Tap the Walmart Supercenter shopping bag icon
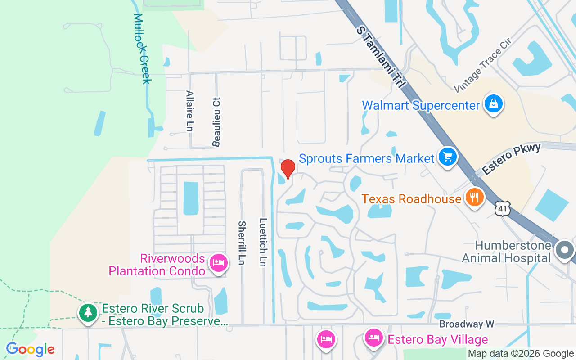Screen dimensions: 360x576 pos(494,104)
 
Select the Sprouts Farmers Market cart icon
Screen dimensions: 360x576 pos(447,157)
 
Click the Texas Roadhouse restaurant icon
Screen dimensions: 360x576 pos(473,197)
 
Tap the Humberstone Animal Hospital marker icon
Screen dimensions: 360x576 pos(565,250)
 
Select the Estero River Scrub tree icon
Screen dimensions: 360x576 pos(88,312)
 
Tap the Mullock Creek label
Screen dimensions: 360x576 pos(142,48)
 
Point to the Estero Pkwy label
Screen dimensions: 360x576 pos(511,160)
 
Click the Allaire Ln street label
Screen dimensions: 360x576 pos(189,111)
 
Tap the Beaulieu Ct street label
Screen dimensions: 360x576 pos(216,121)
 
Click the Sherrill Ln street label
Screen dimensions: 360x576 pos(242,243)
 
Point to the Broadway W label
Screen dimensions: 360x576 pos(467,324)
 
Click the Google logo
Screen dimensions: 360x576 pos(30,349)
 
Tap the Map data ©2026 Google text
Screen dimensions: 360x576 pos(521,354)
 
